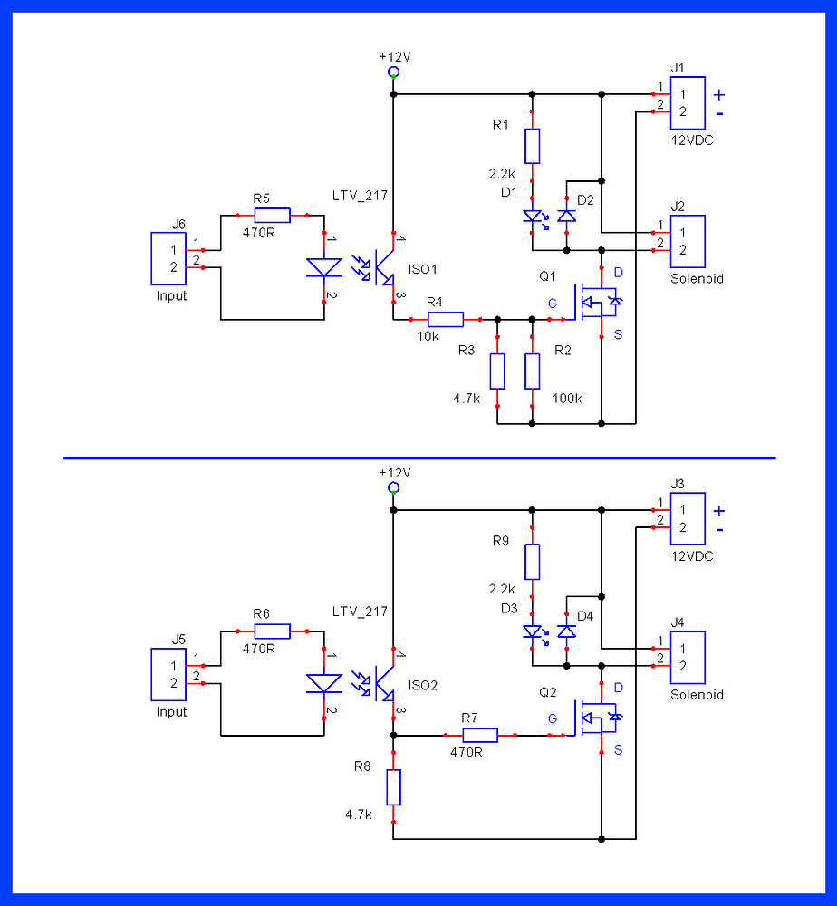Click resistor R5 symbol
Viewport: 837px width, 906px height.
272,215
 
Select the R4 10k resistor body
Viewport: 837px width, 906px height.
445,319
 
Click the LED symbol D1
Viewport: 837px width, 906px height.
532,217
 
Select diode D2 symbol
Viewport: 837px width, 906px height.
566,216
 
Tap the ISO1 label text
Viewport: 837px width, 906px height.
422,269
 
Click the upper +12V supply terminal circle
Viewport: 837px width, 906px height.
393,72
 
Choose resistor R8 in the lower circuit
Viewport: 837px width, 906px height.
393,787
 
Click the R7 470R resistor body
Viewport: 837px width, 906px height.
480,735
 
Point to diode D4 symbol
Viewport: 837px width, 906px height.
566,631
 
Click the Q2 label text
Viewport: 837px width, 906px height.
548,692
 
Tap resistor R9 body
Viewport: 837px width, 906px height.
532,562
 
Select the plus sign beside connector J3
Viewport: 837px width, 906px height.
719,511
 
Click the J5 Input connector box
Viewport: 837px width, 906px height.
168,674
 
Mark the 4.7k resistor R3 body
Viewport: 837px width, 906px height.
496,371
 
